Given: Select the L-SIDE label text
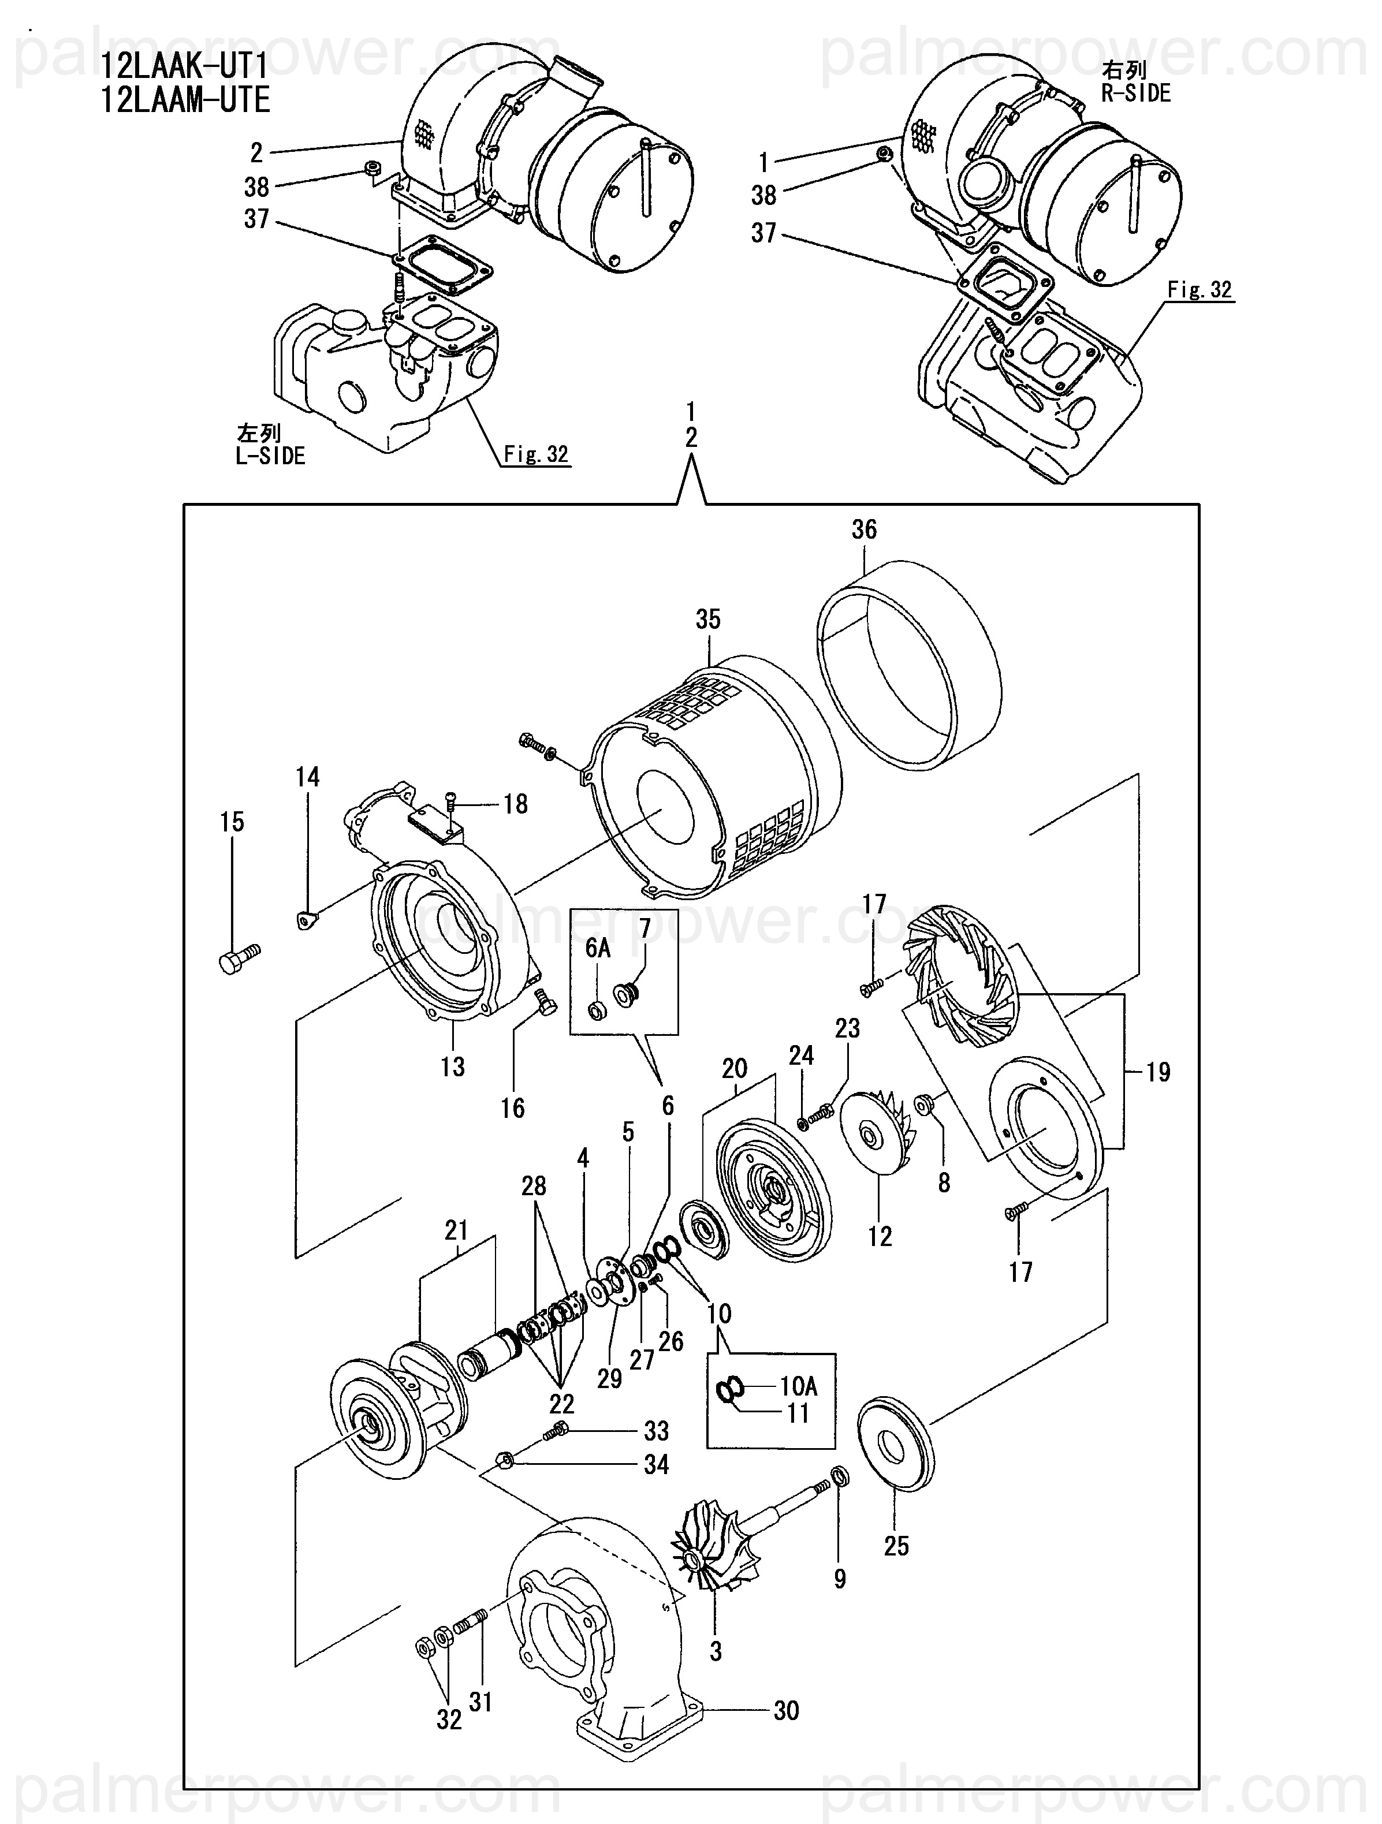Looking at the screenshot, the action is (x=270, y=456).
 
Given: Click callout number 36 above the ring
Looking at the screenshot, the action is (x=864, y=529).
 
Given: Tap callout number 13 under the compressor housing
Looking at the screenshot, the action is (x=453, y=1067).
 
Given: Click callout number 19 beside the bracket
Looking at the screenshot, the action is (x=1159, y=1072).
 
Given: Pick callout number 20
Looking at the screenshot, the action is (x=735, y=1069).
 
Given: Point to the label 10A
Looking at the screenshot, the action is (x=798, y=1386).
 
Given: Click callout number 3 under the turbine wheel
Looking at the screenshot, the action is (x=716, y=1651).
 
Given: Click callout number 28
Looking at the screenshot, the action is (x=534, y=1187).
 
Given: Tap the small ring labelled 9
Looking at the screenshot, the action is (x=838, y=1475).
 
